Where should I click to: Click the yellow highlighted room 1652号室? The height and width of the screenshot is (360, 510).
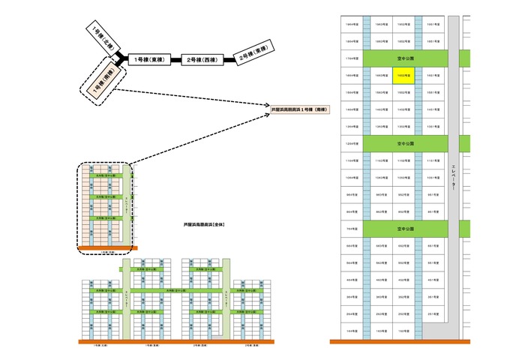click(x=403, y=76)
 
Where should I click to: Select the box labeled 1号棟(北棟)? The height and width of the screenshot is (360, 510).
click(x=100, y=35)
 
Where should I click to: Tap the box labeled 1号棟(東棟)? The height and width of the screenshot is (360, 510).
click(x=148, y=59)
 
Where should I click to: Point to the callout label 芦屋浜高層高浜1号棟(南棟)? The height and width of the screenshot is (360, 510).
click(x=303, y=109)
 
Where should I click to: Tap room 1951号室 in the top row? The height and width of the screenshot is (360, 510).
click(x=433, y=24)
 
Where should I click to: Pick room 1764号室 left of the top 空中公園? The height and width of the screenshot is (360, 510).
click(x=351, y=57)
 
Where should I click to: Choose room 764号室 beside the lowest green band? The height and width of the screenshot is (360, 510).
click(x=351, y=227)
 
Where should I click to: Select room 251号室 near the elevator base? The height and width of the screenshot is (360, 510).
click(x=433, y=313)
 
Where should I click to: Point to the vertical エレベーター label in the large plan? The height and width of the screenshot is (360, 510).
click(x=453, y=180)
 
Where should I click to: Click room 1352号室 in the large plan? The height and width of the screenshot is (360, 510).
click(x=403, y=126)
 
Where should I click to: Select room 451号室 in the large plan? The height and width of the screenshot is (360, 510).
click(x=433, y=280)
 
